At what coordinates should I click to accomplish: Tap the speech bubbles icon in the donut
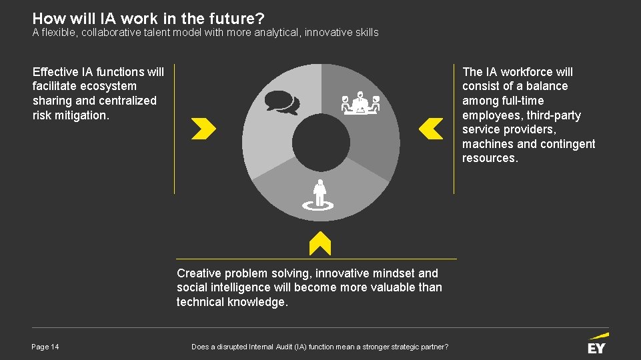tap(281, 103)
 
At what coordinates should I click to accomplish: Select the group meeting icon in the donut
tap(360, 103)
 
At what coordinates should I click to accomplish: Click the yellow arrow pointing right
tap(203, 129)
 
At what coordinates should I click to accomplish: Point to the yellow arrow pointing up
tap(321, 243)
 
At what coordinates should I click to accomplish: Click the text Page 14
tap(45, 347)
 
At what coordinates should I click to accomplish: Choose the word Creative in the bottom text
tap(197, 273)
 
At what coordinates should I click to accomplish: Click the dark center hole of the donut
tap(321, 141)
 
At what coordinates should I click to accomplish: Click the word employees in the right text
tap(489, 115)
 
